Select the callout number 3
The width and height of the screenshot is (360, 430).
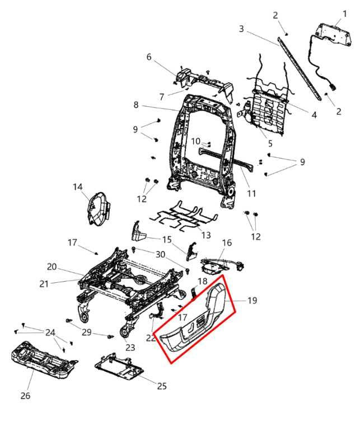[241, 29]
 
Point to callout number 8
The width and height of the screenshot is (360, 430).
[136, 105]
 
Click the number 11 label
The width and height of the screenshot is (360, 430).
[251, 194]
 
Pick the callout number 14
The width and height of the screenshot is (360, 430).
[77, 186]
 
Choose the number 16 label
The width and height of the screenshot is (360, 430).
[227, 243]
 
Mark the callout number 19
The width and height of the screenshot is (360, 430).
[252, 301]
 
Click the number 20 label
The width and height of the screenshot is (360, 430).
[52, 267]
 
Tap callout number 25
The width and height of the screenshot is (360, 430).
[162, 386]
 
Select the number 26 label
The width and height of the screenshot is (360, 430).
[25, 396]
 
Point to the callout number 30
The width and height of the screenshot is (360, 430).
[161, 255]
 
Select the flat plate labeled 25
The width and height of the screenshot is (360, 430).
[119, 367]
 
